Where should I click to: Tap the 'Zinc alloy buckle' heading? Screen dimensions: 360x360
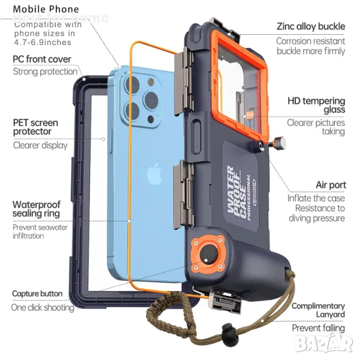coord(310,26)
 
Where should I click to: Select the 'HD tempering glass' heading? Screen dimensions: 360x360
coord(316,106)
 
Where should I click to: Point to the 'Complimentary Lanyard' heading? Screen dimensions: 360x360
coord(318,310)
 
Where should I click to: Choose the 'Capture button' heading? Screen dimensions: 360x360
coord(37,293)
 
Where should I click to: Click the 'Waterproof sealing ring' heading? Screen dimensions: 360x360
coord(37,209)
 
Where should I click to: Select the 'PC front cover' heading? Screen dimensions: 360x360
coord(42,59)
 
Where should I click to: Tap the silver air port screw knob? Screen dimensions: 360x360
coord(279,143)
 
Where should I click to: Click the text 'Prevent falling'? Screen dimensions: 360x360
coord(318,328)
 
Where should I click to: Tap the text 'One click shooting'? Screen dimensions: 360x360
coord(43,307)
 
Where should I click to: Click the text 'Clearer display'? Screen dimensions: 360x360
coord(40,145)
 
